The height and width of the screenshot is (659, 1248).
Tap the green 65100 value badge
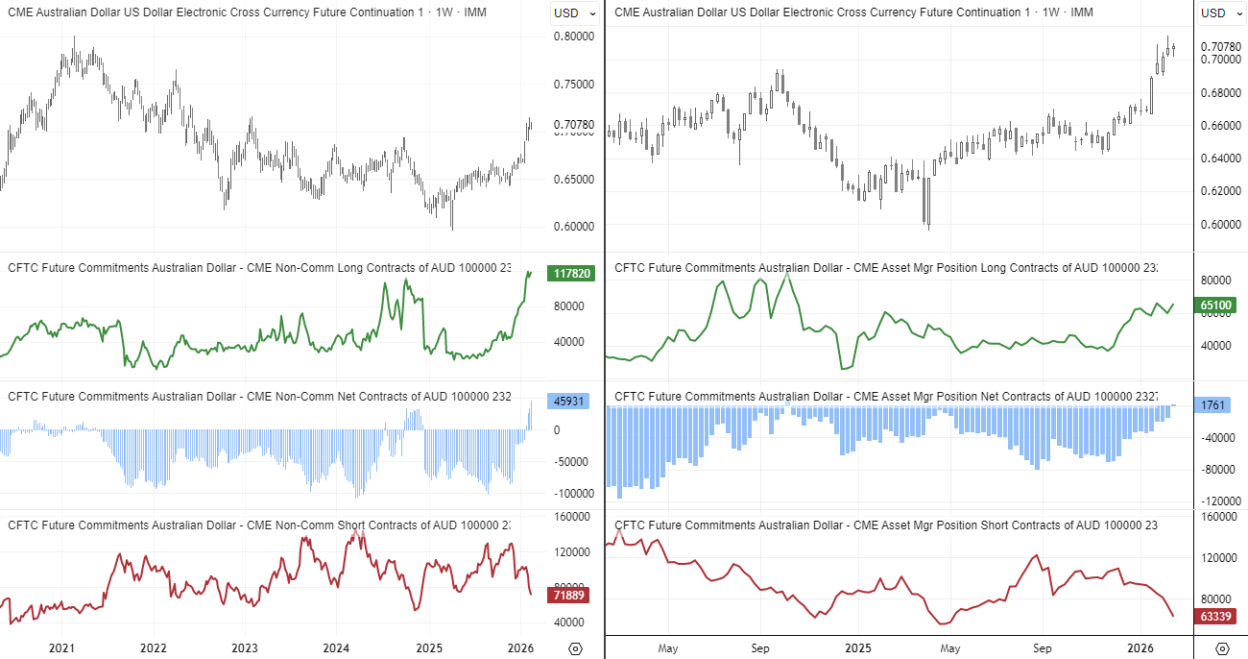[x=1217, y=305]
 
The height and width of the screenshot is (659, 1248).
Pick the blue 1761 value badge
[x=1212, y=405]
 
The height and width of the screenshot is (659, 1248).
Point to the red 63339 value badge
[x=1216, y=616]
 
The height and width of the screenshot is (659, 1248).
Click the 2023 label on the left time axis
[x=245, y=648]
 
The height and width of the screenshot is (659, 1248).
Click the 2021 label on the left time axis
[x=61, y=648]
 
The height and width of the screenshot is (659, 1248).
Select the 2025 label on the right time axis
[x=853, y=648]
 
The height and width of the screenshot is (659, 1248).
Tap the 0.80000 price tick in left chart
[x=575, y=37]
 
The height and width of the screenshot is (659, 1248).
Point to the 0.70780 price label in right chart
[x=1219, y=46]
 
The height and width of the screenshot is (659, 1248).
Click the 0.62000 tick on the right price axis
[x=1219, y=191]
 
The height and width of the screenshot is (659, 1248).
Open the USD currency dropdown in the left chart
[x=574, y=12]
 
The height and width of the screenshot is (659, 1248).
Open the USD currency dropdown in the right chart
[x=1220, y=12]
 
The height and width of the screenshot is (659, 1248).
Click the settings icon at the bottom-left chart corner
[x=575, y=648]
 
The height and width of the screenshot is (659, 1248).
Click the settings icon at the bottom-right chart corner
[x=1222, y=648]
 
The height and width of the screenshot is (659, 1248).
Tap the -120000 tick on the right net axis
[x=1217, y=501]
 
